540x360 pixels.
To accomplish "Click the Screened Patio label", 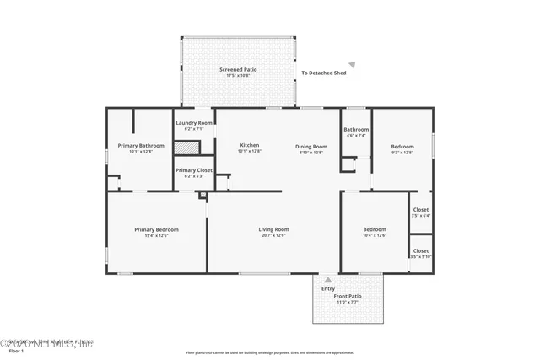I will coord(238,70).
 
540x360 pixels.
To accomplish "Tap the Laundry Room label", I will coord(193,123).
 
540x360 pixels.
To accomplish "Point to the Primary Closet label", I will coord(193,170).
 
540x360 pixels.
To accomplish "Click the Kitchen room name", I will coord(249,145).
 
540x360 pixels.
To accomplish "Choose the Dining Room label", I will coord(310,146).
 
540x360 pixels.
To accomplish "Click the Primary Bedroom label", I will coord(156,229).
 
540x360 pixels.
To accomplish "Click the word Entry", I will coord(328,289).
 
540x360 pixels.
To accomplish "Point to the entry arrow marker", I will coord(328,278).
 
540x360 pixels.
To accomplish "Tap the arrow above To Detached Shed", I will coord(353,64).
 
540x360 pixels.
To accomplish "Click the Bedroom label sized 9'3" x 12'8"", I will coord(402,146).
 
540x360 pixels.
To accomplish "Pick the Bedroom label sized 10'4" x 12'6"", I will coord(374,229).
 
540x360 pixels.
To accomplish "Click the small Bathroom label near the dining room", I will coord(356,129).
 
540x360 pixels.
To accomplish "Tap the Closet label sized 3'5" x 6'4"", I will coord(420,209).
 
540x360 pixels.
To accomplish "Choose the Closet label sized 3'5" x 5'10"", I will coord(420,250).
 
